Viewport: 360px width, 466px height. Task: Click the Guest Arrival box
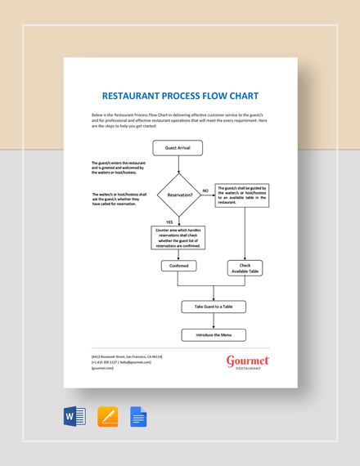[x=178, y=148]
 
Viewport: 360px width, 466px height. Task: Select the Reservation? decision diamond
[x=178, y=195]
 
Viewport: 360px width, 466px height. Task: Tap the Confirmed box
[x=178, y=266]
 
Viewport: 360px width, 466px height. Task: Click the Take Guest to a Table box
[x=213, y=307]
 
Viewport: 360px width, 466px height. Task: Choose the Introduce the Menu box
[x=213, y=334]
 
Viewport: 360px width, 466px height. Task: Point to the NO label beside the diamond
[x=205, y=190]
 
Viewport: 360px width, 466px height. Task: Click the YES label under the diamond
[x=169, y=222]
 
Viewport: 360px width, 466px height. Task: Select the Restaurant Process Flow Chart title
[x=180, y=95]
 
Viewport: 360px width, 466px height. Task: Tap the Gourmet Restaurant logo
[x=247, y=362]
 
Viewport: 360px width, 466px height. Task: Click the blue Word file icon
[x=74, y=417]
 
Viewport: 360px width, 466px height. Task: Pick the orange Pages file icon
[x=108, y=417]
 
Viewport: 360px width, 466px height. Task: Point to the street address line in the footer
[x=128, y=357]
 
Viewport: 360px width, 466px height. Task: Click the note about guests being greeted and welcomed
[x=119, y=168]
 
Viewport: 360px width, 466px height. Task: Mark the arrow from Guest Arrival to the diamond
[x=178, y=164]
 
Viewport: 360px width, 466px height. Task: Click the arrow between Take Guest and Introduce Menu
[x=213, y=320]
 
